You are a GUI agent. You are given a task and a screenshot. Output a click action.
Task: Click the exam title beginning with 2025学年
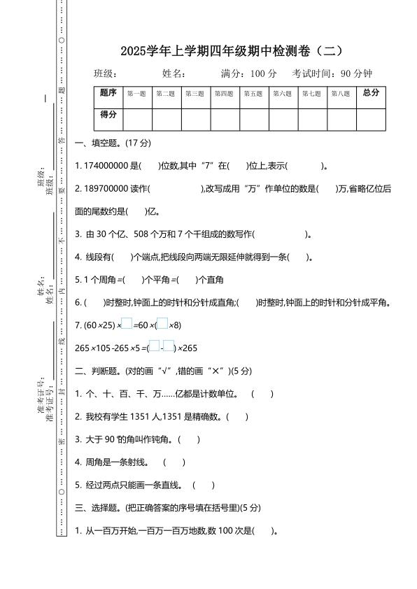pyautogui.click(x=232, y=51)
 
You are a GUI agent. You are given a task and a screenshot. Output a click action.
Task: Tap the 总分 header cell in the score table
pyautogui.click(x=371, y=93)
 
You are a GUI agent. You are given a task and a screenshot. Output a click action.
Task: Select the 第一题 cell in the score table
pyautogui.click(x=136, y=94)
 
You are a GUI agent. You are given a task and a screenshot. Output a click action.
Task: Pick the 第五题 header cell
pyautogui.click(x=253, y=94)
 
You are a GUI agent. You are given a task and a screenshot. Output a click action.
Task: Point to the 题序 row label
pyautogui.click(x=108, y=93)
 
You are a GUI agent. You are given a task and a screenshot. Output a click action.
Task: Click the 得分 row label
pyautogui.click(x=108, y=115)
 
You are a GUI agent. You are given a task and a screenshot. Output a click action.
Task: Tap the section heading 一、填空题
pyautogui.click(x=112, y=144)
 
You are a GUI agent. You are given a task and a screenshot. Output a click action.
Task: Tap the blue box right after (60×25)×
pyautogui.click(x=127, y=324)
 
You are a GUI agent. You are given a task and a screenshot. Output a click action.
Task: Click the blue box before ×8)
pyautogui.click(x=162, y=324)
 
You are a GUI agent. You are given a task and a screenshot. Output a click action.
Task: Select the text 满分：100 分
pyautogui.click(x=248, y=73)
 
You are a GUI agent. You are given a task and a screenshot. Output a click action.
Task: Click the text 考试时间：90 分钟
pyautogui.click(x=332, y=73)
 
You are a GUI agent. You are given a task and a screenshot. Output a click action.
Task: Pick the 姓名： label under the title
pyautogui.click(x=174, y=73)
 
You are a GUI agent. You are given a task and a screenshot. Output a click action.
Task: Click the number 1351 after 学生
pyautogui.click(x=151, y=417)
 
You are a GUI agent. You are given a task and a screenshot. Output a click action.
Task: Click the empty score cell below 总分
pyautogui.click(x=371, y=119)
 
